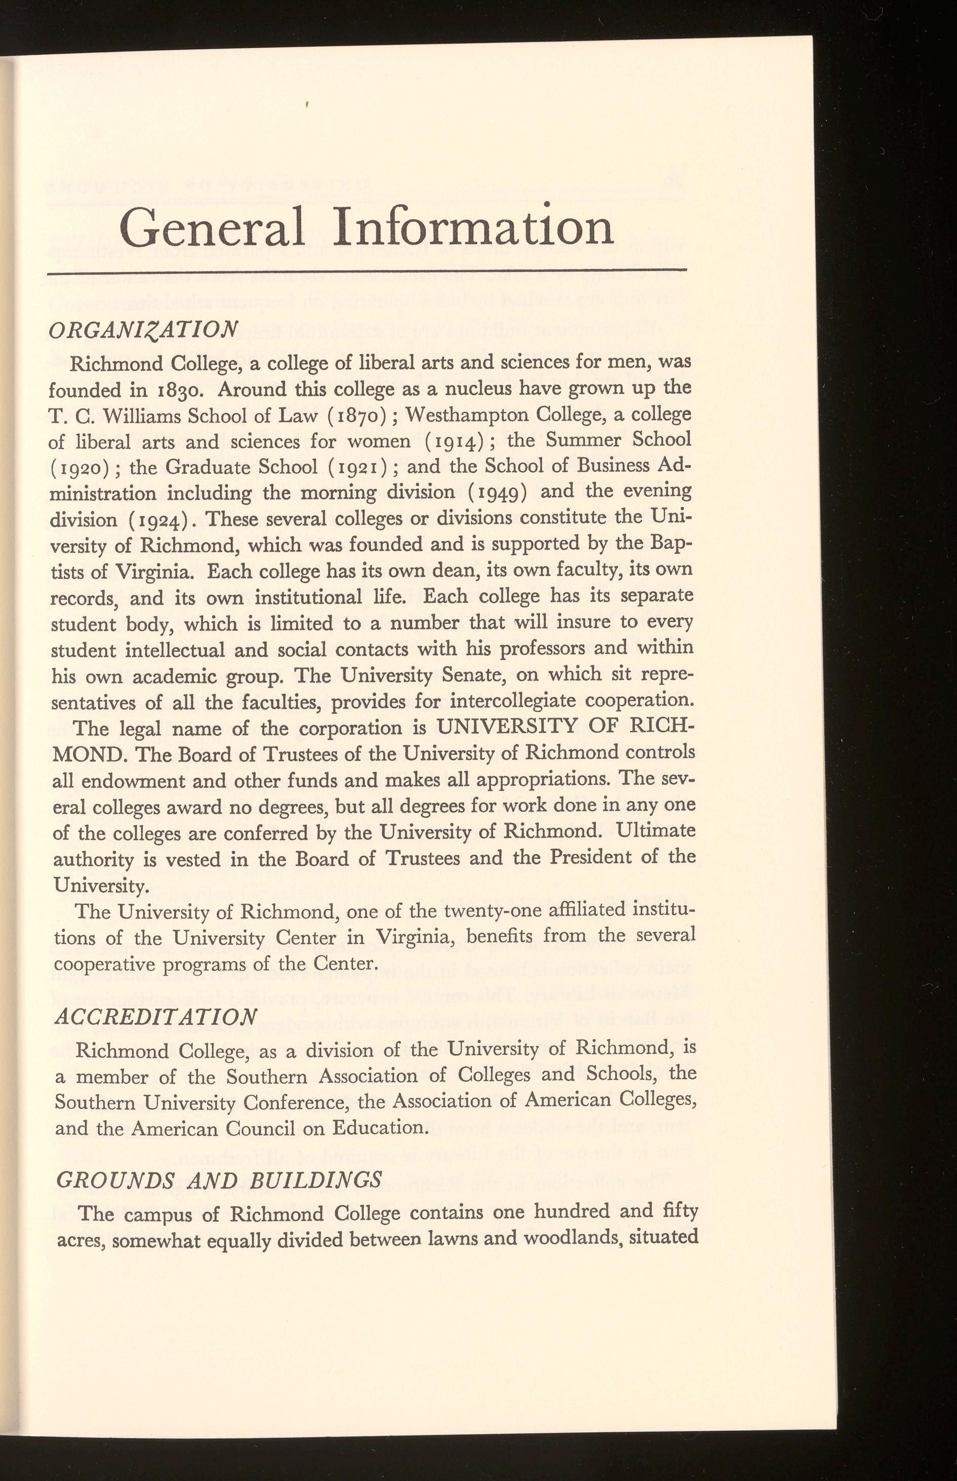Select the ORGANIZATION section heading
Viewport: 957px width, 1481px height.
pyautogui.click(x=143, y=329)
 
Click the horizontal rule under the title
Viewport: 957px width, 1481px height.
pyautogui.click(x=367, y=271)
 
